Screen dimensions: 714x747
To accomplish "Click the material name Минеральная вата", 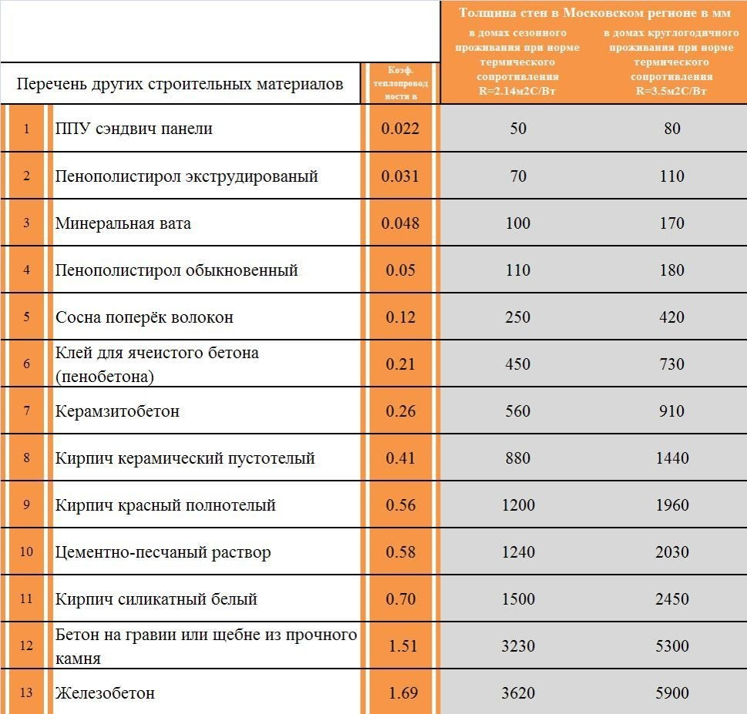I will pos(123,223).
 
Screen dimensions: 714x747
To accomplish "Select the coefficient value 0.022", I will pos(400,129).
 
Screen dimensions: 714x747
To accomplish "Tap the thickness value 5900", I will pos(671,693).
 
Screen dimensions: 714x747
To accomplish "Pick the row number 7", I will pos(27,411).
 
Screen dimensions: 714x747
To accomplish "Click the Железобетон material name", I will pos(105,693).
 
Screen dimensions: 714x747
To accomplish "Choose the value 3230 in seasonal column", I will pos(518,646).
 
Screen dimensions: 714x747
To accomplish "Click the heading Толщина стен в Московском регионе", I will pos(594,13).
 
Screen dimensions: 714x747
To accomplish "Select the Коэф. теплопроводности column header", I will pos(400,83).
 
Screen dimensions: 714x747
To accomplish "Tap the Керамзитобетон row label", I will pos(117,411).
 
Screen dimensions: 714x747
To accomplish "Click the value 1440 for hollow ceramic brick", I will pos(671,458).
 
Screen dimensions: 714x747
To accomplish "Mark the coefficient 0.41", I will pos(400,458).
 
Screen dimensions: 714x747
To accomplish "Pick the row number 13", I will pos(27,693).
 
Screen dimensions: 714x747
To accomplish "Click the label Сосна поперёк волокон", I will pos(144,317).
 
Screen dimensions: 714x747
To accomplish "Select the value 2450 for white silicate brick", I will pos(671,599).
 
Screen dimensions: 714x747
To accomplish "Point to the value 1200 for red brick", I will pos(518,505).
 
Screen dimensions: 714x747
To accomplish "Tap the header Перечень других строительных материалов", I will pos(180,84).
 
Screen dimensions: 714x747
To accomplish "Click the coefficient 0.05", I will pos(400,270).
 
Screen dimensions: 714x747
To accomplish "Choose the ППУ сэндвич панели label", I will pos(133,129).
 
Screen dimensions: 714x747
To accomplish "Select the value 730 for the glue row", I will pos(671,364).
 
